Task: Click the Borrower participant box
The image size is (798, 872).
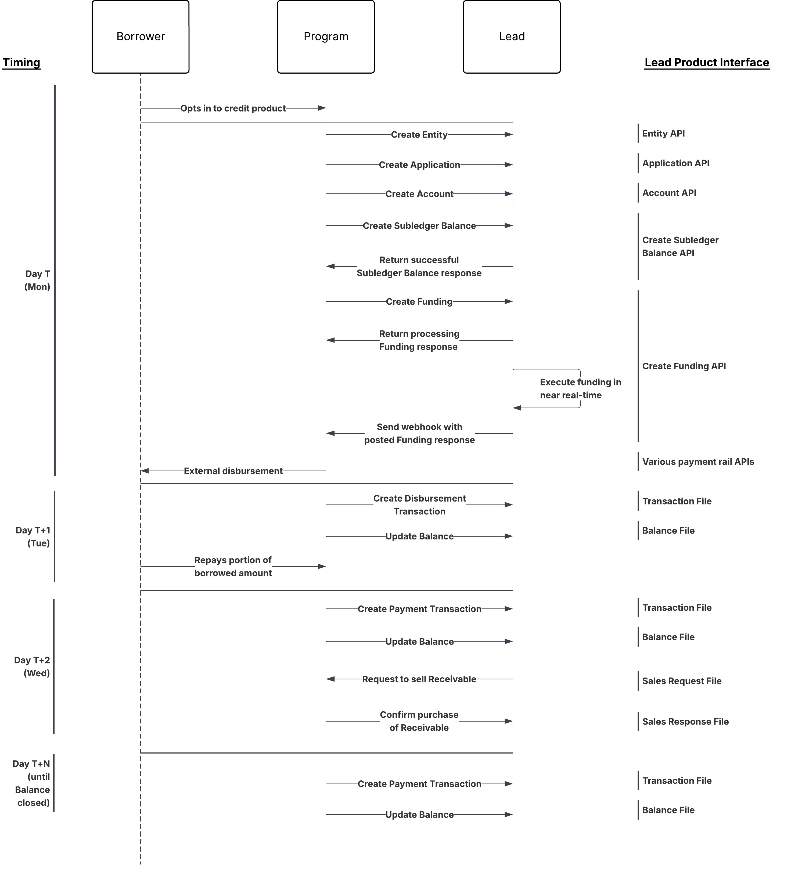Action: [141, 37]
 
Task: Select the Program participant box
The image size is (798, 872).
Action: [326, 37]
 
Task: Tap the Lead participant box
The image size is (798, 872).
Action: [512, 37]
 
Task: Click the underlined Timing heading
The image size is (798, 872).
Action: [21, 63]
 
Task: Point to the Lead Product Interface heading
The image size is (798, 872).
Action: [707, 63]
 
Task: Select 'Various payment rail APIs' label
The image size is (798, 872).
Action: [698, 462]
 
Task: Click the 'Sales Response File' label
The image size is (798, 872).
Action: [685, 722]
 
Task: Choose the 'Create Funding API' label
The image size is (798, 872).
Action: [684, 366]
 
